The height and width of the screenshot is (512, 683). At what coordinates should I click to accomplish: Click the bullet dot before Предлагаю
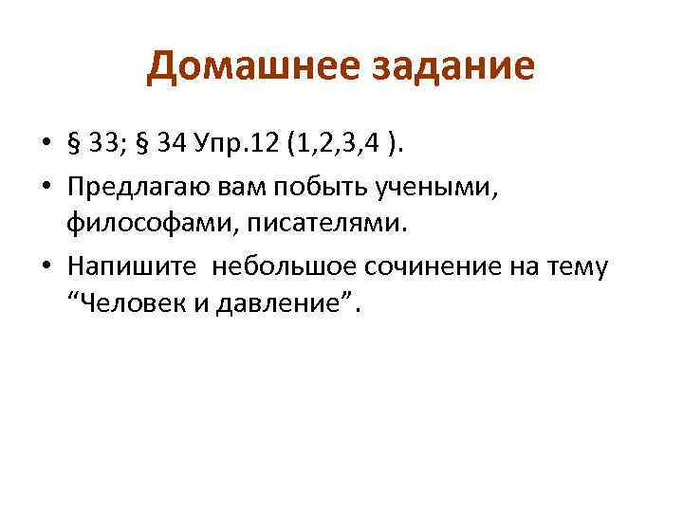point(46,190)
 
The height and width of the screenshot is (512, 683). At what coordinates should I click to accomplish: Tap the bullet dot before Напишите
point(46,268)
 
